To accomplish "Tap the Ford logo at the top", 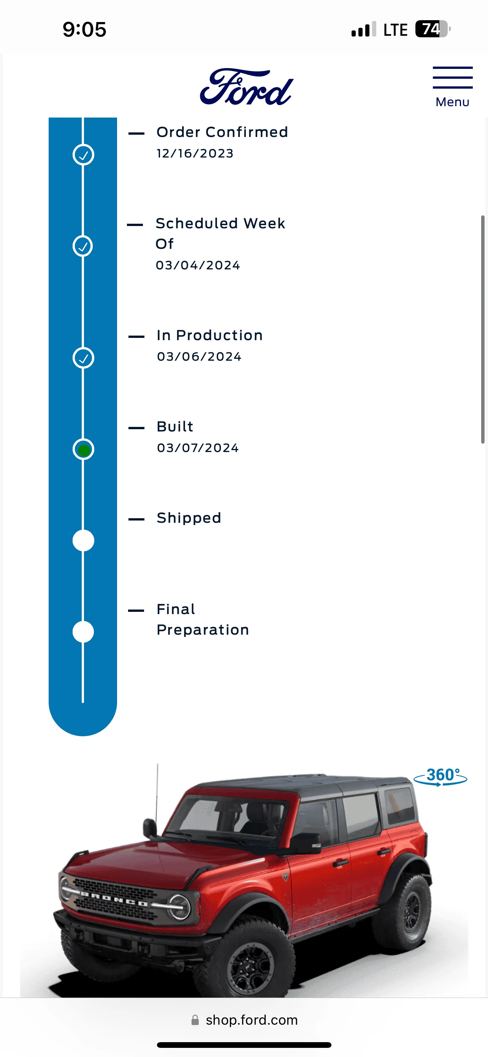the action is [246, 87].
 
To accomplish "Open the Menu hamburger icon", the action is [452, 78].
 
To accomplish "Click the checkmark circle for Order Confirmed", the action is [83, 155].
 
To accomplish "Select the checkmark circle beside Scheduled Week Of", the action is [83, 246].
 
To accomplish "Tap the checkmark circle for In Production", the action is [83, 358].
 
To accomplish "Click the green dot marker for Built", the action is [84, 450].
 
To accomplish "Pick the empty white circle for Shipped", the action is [83, 540].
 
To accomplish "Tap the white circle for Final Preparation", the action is [83, 632].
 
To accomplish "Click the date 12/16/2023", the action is [195, 153].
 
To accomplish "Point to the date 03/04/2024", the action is [198, 265].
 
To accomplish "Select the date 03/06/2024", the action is [199, 357].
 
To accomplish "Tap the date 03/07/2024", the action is [198, 448].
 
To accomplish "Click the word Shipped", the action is [189, 518].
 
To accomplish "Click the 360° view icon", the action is [440, 776].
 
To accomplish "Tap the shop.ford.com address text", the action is [252, 1020].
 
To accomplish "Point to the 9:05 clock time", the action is [84, 30].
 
